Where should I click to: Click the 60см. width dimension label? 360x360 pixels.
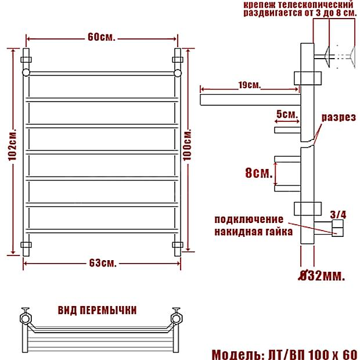(101, 37)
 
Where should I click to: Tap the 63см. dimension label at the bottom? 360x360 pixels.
(103, 263)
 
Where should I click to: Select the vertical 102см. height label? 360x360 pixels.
(12, 145)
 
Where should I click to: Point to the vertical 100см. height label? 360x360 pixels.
(188, 145)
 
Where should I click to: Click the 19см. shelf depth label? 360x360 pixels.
(250, 85)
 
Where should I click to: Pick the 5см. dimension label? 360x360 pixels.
(287, 114)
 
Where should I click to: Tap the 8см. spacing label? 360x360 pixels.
(259, 173)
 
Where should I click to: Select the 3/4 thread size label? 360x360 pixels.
(338, 215)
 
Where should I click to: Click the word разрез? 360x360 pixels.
(339, 117)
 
